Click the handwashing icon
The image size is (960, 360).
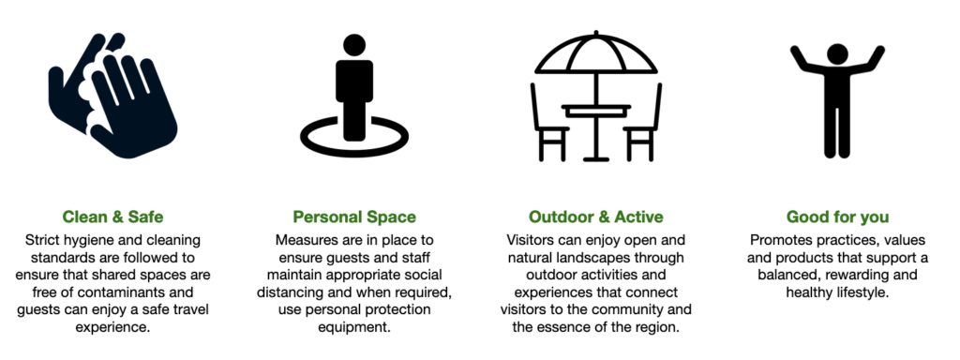click(113, 95)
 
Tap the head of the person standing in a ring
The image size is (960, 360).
click(354, 45)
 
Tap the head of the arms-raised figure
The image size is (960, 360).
click(837, 53)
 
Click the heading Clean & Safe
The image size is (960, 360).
click(112, 217)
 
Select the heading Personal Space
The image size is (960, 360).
click(354, 217)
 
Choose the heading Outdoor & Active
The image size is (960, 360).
click(595, 217)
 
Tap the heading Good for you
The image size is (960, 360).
click(837, 217)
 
